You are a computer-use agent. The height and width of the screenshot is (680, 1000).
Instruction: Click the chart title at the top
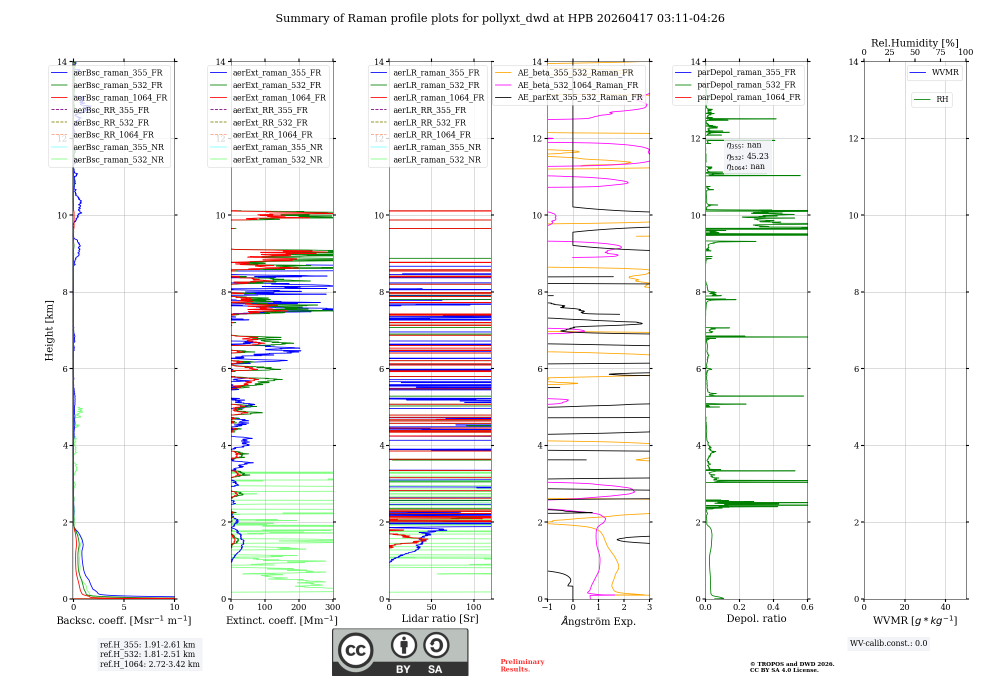tap(500, 18)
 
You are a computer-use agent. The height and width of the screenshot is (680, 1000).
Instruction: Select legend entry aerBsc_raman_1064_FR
tap(120, 97)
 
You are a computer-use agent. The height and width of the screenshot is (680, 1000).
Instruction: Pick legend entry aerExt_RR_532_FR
tap(270, 122)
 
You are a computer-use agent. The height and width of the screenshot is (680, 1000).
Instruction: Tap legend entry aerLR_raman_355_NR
tap(436, 147)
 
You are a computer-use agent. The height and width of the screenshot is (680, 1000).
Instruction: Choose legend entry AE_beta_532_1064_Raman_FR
tap(577, 85)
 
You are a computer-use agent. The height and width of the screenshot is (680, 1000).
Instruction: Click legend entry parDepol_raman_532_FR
tap(746, 84)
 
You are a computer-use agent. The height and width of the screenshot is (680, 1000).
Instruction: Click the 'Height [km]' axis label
tap(49, 330)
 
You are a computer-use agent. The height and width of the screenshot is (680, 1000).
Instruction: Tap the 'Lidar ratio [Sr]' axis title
tap(439, 618)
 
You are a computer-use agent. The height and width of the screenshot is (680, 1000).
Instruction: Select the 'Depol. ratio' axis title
tap(756, 618)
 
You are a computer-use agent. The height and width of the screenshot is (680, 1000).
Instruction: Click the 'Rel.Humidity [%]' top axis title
tap(914, 43)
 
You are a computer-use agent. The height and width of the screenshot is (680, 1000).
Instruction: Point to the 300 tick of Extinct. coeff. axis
tap(332, 607)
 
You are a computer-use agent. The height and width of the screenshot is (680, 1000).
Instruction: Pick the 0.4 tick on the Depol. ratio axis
tap(773, 607)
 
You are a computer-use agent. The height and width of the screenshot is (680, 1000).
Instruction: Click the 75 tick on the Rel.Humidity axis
tap(940, 52)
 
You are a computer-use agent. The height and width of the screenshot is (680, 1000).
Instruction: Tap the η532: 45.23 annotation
tap(747, 156)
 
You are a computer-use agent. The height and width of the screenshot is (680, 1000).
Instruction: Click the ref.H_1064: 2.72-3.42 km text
tap(149, 664)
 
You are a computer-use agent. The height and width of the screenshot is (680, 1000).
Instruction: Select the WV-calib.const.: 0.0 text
tap(888, 643)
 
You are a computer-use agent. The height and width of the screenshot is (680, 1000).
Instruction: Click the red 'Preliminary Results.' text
tap(522, 665)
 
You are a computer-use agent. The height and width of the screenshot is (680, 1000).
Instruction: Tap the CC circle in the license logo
tap(355, 650)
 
